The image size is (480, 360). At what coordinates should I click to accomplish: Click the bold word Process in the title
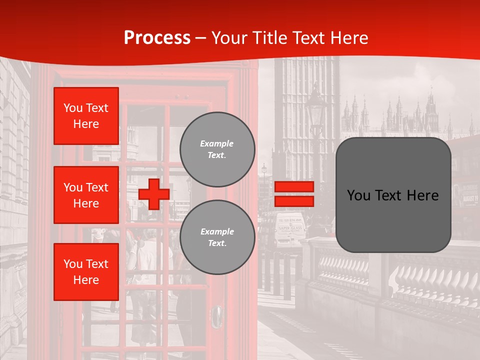tap(157, 37)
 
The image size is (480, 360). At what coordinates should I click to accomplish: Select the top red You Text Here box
tap(86, 116)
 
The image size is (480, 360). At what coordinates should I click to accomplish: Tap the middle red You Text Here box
tap(86, 195)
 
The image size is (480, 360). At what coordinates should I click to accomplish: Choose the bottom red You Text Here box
tap(86, 271)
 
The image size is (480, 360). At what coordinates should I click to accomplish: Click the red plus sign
tap(154, 194)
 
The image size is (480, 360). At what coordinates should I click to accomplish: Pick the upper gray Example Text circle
tap(217, 149)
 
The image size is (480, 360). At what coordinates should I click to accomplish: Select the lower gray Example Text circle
tap(217, 237)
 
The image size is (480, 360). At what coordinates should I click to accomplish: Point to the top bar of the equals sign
tap(294, 186)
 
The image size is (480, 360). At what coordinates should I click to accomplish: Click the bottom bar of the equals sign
tap(294, 201)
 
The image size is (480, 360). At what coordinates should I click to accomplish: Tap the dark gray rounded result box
tap(393, 195)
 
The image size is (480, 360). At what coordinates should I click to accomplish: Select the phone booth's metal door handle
tap(217, 316)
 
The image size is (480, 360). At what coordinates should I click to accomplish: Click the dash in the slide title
tap(201, 38)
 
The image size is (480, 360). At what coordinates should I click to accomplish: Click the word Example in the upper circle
tap(217, 143)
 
